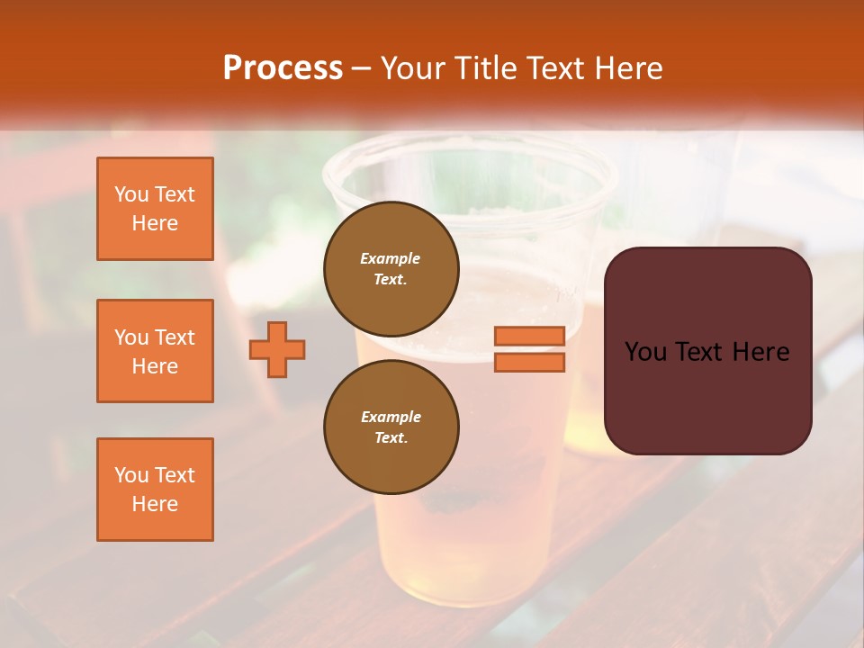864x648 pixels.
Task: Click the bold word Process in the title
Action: click(283, 68)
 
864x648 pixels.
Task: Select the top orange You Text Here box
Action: click(155, 209)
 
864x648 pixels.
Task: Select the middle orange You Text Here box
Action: click(155, 351)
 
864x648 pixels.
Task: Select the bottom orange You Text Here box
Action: click(155, 490)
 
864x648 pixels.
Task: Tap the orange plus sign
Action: click(277, 349)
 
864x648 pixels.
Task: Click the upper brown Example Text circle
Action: click(391, 268)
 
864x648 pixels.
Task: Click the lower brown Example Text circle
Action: click(391, 427)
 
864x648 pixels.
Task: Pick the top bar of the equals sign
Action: click(529, 336)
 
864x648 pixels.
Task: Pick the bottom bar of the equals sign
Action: click(529, 362)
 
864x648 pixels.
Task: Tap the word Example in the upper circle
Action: click(391, 258)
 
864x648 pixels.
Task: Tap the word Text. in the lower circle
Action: click(391, 437)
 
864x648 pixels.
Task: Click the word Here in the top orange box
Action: click(155, 223)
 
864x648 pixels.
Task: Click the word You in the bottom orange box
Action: click(130, 475)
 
